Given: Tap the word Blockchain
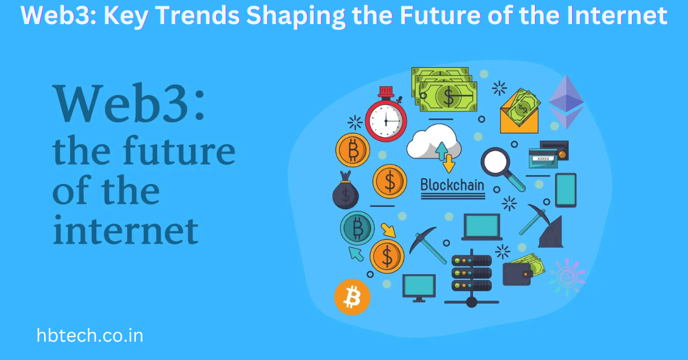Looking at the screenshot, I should pos(452,185).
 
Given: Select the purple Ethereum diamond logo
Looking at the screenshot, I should pos(566,101).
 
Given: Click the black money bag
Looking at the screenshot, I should pos(345,192).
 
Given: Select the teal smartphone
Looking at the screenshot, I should pos(565,189).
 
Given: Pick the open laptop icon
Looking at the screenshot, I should pos(482,226).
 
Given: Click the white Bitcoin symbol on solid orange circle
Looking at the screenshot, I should pos(352,297).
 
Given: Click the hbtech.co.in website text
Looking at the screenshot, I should pos(89,335).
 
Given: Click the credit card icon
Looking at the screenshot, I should pos(548,154).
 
